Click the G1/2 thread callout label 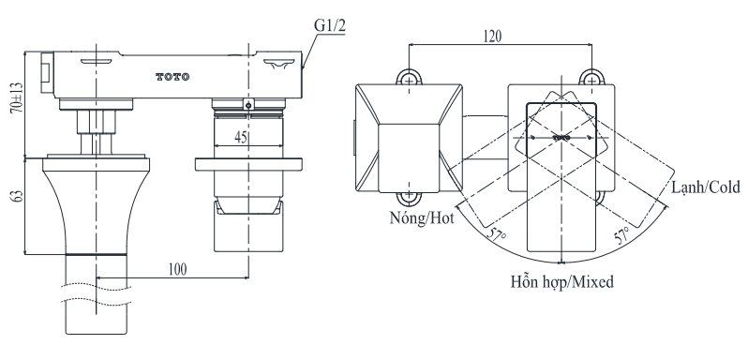tap(329, 26)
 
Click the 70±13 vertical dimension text tap(17, 97)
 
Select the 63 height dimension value tap(17, 196)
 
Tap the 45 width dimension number tap(242, 138)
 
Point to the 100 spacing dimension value tap(177, 269)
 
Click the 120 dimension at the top tap(492, 37)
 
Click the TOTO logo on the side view tap(172, 77)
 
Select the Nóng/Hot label tap(422, 217)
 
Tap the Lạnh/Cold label tap(706, 187)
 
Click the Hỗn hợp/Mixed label tap(562, 282)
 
